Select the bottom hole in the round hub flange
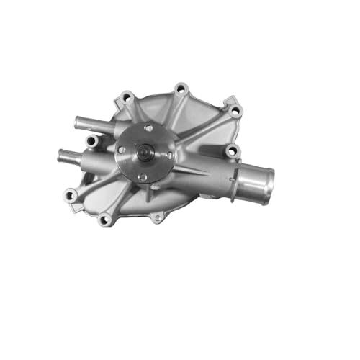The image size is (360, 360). click(143, 176)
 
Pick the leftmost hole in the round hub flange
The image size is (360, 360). click(122, 149)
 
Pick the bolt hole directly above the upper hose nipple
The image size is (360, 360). click(127, 96)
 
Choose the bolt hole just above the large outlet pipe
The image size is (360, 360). click(230, 151)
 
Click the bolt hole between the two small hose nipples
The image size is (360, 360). click(91, 141)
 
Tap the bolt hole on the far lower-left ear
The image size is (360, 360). click(70, 194)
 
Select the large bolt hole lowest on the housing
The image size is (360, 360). click(105, 219)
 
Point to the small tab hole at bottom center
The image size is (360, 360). click(156, 217)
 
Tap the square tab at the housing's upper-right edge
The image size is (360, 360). click(230, 101)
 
